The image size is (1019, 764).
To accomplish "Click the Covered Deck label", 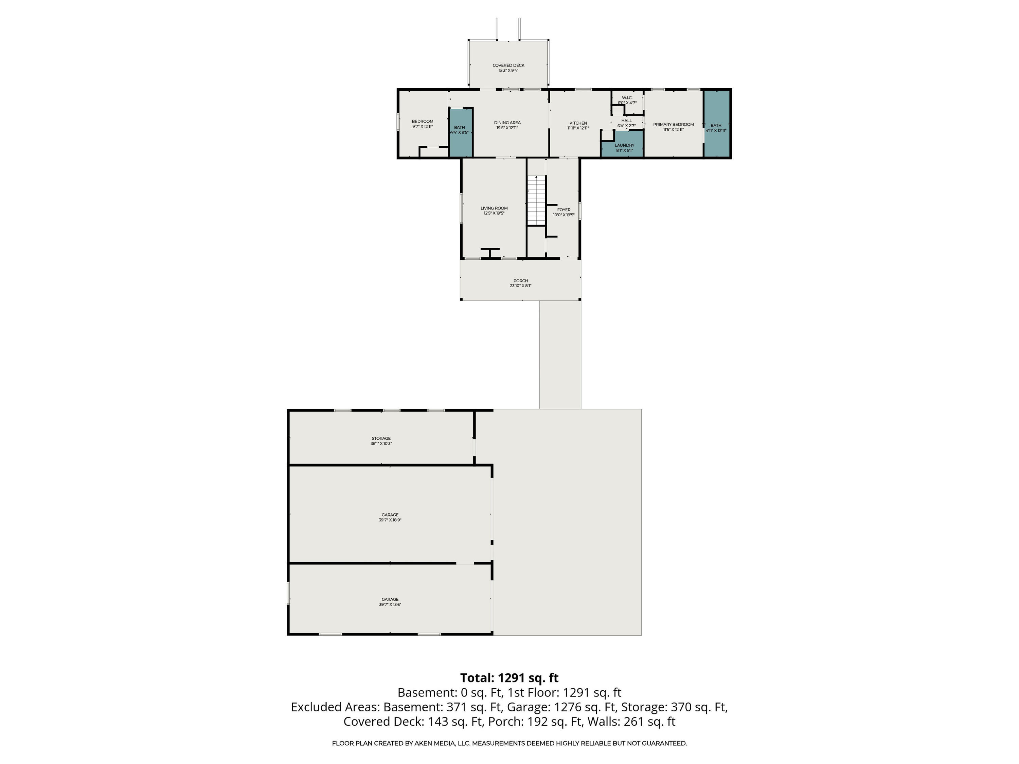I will pos(508,66).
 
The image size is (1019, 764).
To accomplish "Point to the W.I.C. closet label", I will pos(627,98).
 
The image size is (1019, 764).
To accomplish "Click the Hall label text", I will pos(626,121).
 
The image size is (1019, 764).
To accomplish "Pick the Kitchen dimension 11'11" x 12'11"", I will pos(578,128).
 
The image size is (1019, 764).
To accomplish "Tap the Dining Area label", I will pos(507,123).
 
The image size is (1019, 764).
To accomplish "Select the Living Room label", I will pos(494,208).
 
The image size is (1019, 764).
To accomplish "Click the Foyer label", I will pos(564,210).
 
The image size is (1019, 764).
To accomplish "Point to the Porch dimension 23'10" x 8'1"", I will pos(521,286).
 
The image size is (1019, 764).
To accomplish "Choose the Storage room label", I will pos(381,438).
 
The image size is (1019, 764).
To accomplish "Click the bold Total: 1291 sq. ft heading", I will pos(509,678).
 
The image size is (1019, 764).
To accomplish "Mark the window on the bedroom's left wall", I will pos(398,122).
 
